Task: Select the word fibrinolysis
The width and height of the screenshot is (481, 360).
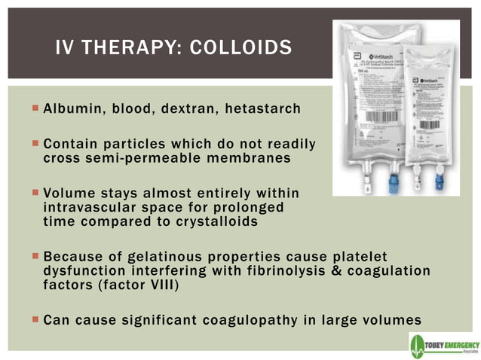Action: click(x=256, y=270)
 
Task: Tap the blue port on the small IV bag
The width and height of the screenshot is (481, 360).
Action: click(x=440, y=182)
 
